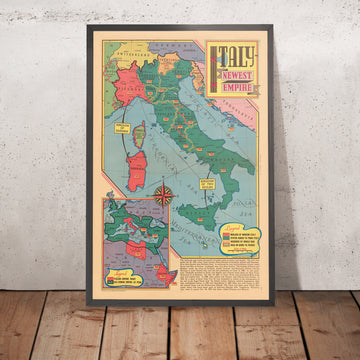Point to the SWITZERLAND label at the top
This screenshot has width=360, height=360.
128,47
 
